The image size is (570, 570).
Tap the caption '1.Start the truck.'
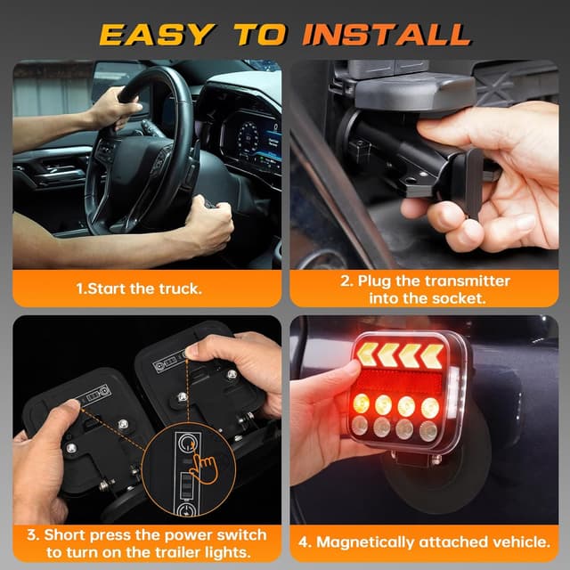click(147, 289)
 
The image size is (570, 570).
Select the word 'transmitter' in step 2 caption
click(463, 281)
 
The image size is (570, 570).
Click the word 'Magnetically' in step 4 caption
click(375, 541)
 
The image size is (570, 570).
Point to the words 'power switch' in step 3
click(217, 534)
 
